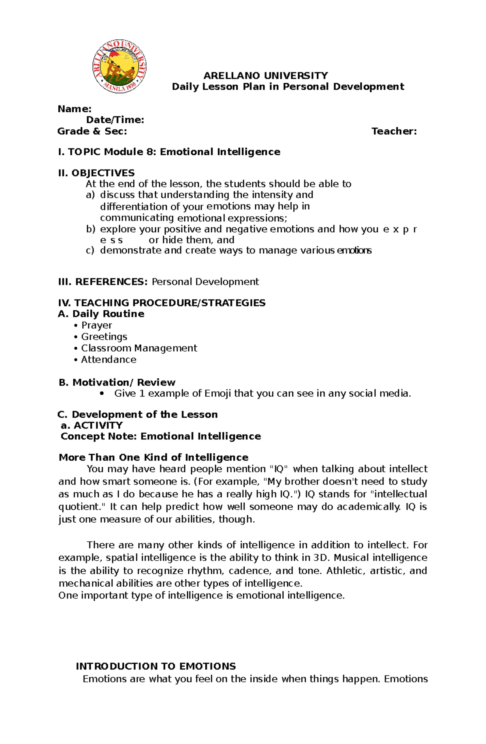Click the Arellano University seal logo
pyautogui.click(x=119, y=66)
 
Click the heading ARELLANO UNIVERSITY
pyautogui.click(x=266, y=76)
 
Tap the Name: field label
pyautogui.click(x=75, y=109)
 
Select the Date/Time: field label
pyautogui.click(x=115, y=120)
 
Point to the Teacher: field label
pyautogui.click(x=394, y=131)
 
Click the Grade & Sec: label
pyautogui.click(x=92, y=131)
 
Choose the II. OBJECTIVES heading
pyautogui.click(x=96, y=173)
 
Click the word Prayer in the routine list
pyautogui.click(x=96, y=326)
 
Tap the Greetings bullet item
pyautogui.click(x=104, y=337)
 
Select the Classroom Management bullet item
pyautogui.click(x=139, y=348)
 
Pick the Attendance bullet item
pyautogui.click(x=109, y=360)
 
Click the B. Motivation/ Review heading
pyautogui.click(x=117, y=382)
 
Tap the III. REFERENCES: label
pyautogui.click(x=103, y=282)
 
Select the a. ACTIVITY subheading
pyautogui.click(x=92, y=425)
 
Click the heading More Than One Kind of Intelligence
pyautogui.click(x=153, y=458)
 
